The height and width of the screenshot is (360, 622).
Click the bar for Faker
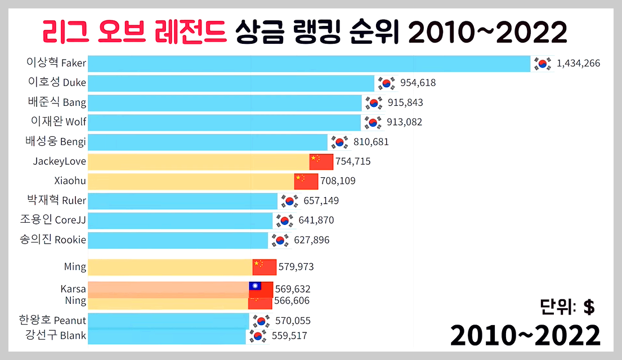tap(310, 64)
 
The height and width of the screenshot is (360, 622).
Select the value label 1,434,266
tap(578, 64)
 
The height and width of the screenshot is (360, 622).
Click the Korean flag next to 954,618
tap(386, 83)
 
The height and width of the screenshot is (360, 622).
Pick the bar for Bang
tap(225, 103)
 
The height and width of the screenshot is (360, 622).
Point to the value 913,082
tap(404, 122)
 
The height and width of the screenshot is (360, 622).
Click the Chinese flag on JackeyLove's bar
tap(321, 161)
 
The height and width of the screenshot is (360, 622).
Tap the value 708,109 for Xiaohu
tap(338, 181)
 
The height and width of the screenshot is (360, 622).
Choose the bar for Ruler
tap(183, 201)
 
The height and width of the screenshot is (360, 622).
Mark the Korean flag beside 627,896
tap(280, 240)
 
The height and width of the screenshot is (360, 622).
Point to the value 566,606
tap(292, 301)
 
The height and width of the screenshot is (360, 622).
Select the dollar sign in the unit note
tap(589, 307)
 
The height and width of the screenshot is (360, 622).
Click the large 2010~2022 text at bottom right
tap(525, 336)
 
